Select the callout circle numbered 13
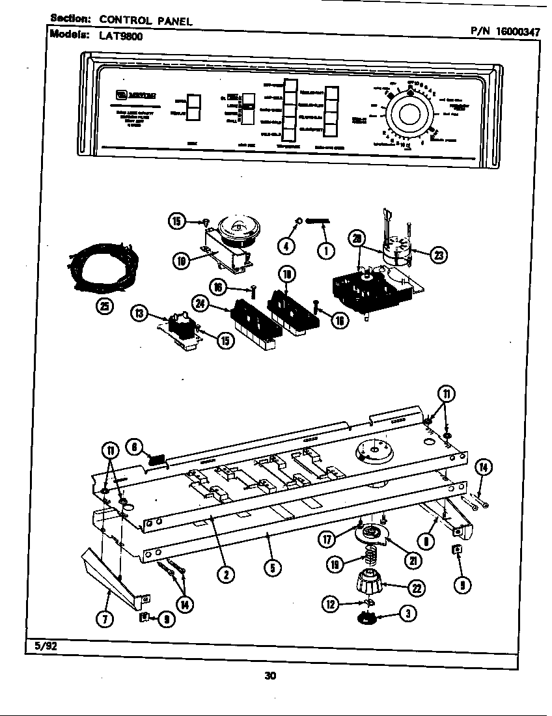coord(138,314)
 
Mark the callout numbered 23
coord(438,255)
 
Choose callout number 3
coord(407,614)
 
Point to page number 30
coord(270,676)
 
